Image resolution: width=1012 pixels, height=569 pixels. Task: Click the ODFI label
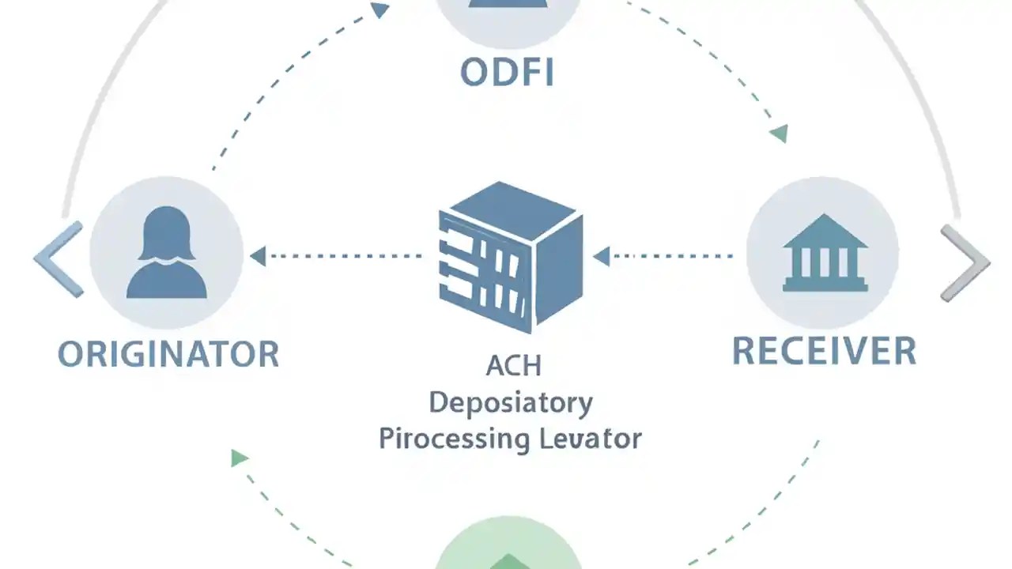point(507,73)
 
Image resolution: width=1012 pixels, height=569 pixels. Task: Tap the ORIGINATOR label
point(168,354)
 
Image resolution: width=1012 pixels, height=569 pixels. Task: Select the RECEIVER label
point(824,351)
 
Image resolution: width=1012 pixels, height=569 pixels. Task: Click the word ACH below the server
point(513,367)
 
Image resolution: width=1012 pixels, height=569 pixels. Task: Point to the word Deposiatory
point(510,403)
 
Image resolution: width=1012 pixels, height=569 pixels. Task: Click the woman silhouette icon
point(166,253)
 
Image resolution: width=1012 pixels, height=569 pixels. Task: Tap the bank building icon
point(825,253)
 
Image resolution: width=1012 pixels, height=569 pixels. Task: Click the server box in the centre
point(510,257)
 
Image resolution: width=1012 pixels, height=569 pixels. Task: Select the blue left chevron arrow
point(59,259)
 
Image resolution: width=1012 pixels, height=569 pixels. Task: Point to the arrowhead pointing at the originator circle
point(258,255)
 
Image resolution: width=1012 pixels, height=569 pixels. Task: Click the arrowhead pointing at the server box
point(601,256)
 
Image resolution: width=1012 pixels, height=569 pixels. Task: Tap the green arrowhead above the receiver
point(780,134)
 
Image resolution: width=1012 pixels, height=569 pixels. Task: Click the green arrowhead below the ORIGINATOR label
point(239,458)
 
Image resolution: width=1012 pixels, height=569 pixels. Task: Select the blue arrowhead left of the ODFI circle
point(380,10)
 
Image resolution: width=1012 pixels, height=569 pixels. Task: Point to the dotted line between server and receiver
point(672,256)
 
